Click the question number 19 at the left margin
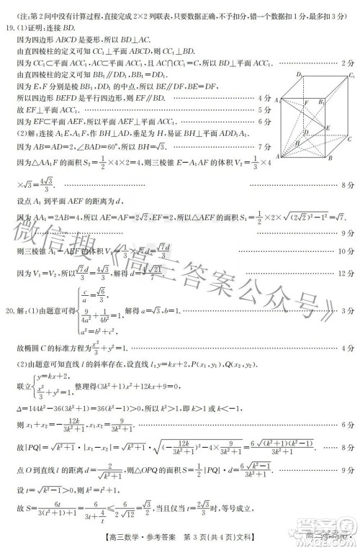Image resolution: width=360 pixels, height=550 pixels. tap(9, 28)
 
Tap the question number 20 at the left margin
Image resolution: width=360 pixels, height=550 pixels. tap(9, 310)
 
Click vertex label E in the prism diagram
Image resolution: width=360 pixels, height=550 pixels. tap(328, 128)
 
